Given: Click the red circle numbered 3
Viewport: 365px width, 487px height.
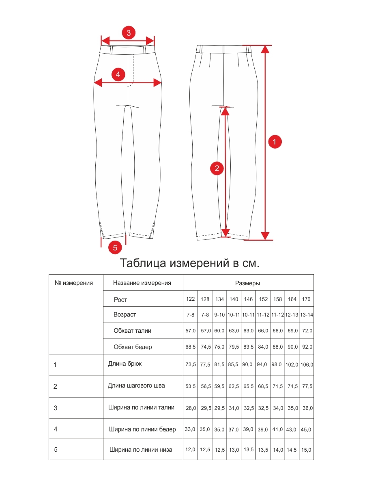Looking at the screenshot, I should point(129,33).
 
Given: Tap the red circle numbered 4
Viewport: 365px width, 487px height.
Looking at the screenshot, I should point(118,75).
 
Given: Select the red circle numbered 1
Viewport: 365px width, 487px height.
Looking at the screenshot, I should point(275,142).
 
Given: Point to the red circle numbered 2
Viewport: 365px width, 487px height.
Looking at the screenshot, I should point(217,168).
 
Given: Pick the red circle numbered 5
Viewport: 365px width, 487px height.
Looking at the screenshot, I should point(115,247).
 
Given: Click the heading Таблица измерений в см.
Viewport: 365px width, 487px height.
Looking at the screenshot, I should point(190,263).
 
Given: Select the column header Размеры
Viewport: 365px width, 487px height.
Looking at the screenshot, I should point(248,283).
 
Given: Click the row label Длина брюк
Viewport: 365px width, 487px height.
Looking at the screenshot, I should point(125,364).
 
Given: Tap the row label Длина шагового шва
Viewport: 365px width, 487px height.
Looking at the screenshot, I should point(136,386).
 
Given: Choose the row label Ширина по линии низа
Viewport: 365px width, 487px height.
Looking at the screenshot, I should point(141,450).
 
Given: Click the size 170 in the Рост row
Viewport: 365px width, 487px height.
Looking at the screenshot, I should point(306,300).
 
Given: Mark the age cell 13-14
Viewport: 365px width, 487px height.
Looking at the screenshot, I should point(306,315).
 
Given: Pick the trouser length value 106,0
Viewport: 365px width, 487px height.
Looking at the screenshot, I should point(307,364).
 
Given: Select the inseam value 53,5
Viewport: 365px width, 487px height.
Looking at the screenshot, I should point(191,386).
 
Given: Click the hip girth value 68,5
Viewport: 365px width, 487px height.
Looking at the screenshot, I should point(191,347).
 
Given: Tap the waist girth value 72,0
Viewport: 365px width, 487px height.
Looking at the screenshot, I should point(307,331).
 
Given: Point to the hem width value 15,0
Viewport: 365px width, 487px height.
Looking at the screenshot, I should point(306,450).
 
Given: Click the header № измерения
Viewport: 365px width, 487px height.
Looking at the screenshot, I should point(74,283).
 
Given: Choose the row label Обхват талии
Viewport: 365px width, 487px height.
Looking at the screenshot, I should point(133,331).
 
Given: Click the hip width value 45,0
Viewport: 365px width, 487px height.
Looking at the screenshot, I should point(306,429).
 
